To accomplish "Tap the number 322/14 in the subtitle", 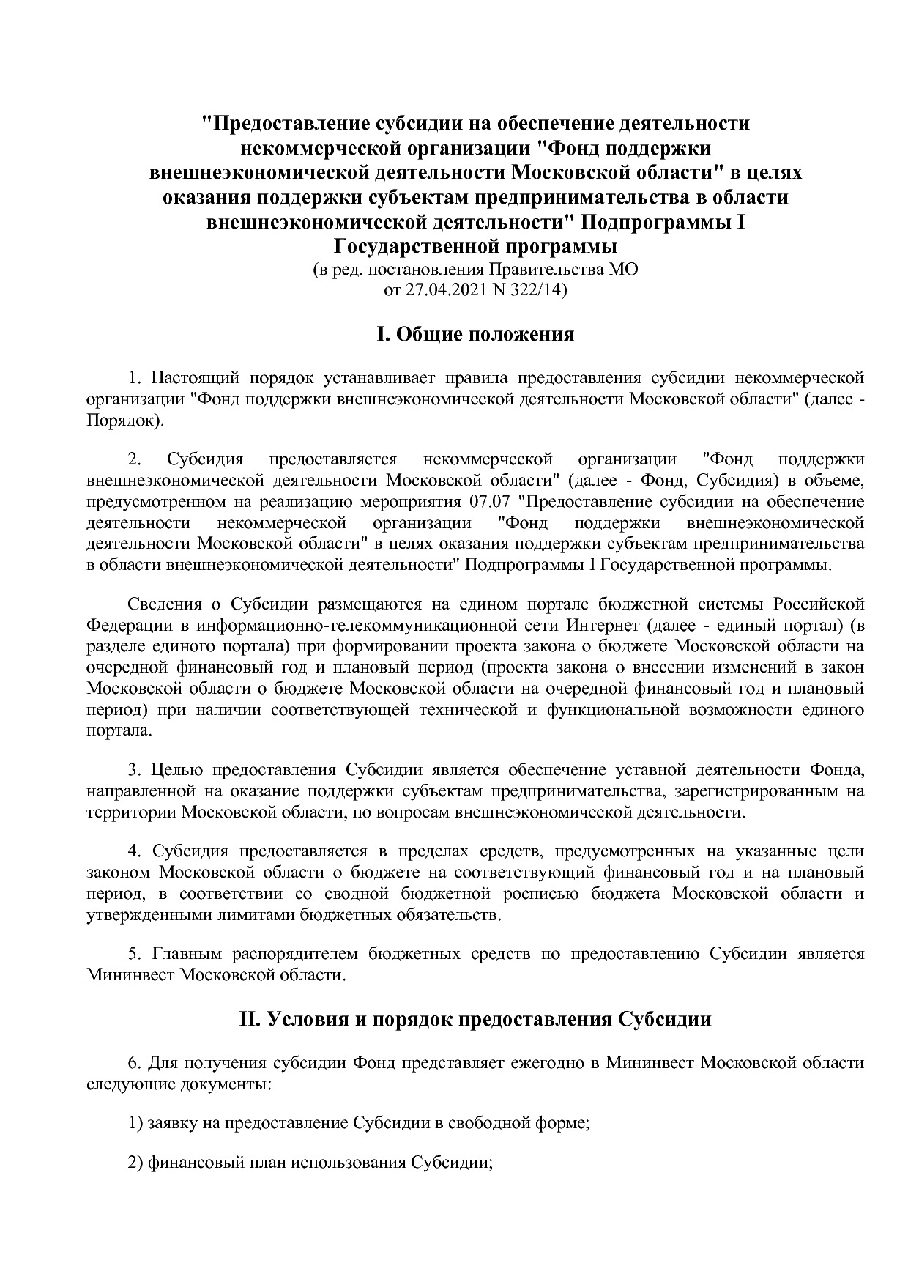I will pyautogui.click(x=536, y=290).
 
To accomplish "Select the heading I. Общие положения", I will pyautogui.click(x=475, y=335).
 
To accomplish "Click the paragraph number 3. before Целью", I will pyautogui.click(x=134, y=770).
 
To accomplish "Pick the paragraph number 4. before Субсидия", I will pyautogui.click(x=134, y=851).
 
